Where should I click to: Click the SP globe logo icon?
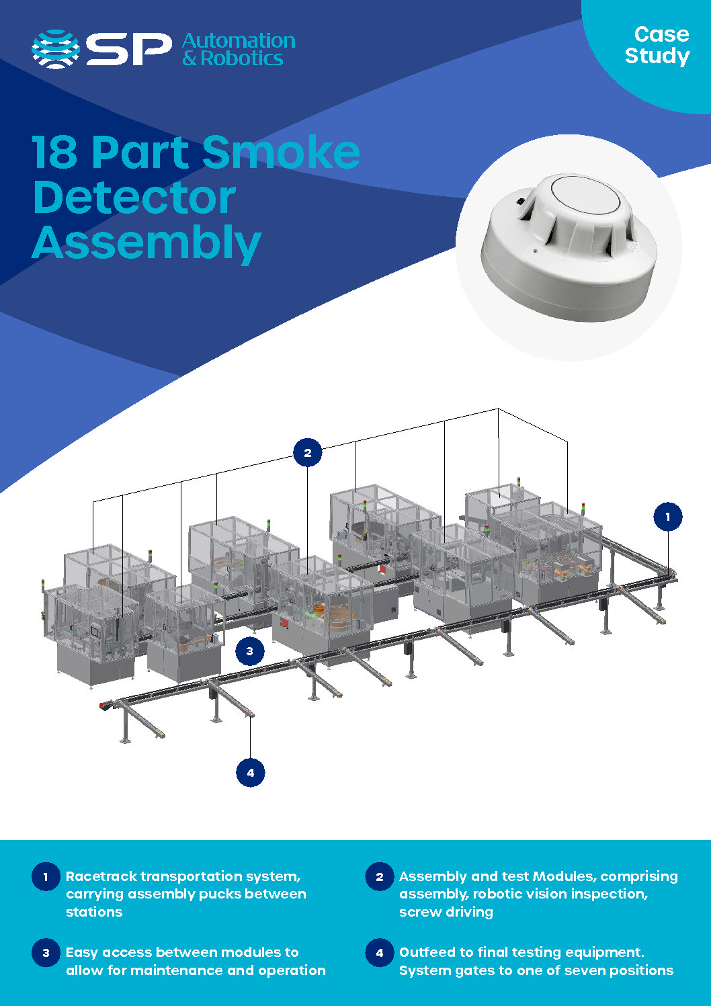click(x=56, y=50)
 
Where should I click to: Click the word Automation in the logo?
click(x=239, y=41)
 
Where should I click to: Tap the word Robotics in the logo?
click(x=242, y=59)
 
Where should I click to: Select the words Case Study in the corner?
click(x=657, y=45)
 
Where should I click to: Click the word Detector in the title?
click(x=134, y=198)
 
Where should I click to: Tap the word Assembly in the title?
click(x=147, y=243)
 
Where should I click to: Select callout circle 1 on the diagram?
click(x=668, y=517)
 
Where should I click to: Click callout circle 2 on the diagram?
click(x=308, y=453)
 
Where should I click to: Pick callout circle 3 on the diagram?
click(x=250, y=651)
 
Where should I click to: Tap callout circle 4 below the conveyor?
click(x=251, y=772)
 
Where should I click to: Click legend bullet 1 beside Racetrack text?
click(x=46, y=876)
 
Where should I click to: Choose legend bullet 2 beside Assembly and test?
click(x=380, y=876)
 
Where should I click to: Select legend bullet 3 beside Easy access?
click(x=46, y=952)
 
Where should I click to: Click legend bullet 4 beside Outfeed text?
click(x=380, y=952)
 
